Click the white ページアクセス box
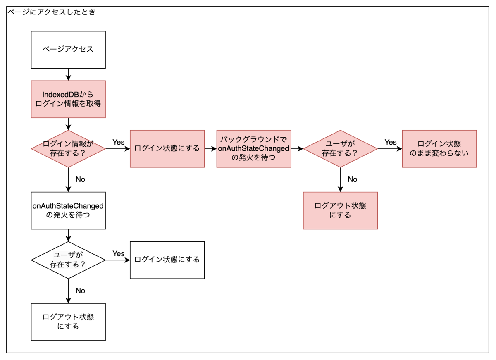click(68, 50)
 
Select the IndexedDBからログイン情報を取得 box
click(68, 99)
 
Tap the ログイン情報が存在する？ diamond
click(68, 148)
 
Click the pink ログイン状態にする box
click(167, 148)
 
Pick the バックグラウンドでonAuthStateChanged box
click(254, 148)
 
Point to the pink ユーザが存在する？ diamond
click(340, 148)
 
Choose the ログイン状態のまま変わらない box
click(439, 148)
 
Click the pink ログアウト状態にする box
click(340, 210)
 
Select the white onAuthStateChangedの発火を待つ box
click(68, 210)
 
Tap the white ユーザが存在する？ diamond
click(68, 260)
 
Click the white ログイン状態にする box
click(167, 260)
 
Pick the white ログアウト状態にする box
click(68, 322)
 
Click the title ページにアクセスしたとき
click(51, 12)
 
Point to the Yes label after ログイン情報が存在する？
click(119, 142)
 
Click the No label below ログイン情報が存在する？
click(80, 179)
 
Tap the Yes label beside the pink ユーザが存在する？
click(391, 142)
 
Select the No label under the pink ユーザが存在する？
click(353, 179)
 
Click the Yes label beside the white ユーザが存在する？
click(119, 253)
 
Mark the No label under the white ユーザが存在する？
click(80, 291)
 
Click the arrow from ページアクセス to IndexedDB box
click(68, 74)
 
